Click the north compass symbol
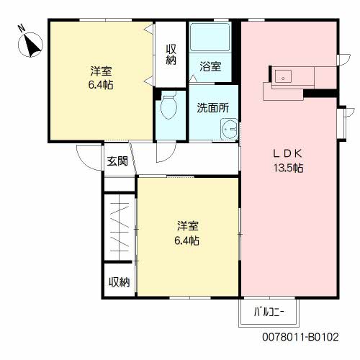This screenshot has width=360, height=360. (30, 45)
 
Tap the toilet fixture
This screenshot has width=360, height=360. (168, 105)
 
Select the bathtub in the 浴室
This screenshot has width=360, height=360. (210, 37)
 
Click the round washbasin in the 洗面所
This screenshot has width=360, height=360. (230, 129)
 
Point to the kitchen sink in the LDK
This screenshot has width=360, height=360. (283, 76)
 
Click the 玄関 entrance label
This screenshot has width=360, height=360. (117, 161)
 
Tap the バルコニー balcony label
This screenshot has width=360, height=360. (269, 312)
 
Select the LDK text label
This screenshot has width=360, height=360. (288, 153)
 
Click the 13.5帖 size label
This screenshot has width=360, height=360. (289, 168)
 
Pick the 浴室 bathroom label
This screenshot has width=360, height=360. (210, 66)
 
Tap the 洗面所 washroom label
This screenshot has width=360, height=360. (213, 108)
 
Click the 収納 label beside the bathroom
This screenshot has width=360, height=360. (171, 55)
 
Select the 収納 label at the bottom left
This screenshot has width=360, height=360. (119, 282)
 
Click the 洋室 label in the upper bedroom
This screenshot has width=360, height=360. (101, 71)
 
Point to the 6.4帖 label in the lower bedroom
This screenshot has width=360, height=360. (186, 240)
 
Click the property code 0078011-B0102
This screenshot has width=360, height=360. (300, 337)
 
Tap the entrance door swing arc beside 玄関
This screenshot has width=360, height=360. (84, 161)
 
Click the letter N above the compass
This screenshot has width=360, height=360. (22, 28)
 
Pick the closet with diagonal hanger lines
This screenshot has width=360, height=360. (120, 228)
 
